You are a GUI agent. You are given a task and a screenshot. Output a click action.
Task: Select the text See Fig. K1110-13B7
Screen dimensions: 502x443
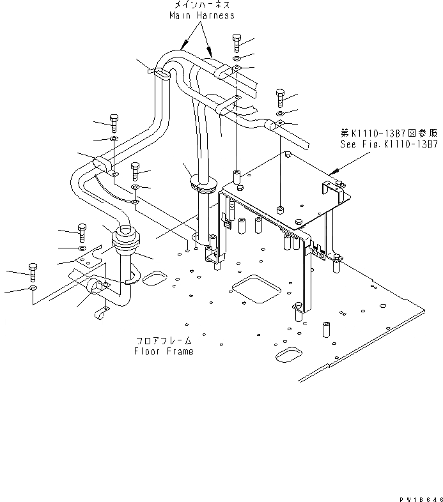coord(389,145)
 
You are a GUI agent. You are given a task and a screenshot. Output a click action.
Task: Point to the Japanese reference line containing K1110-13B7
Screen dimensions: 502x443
coord(389,133)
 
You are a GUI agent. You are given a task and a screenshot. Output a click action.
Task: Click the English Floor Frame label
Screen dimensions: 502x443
coord(163,351)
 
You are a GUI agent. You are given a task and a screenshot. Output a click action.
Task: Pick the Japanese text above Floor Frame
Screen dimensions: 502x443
coord(163,341)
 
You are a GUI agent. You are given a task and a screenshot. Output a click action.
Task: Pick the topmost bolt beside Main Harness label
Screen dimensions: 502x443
coord(237,43)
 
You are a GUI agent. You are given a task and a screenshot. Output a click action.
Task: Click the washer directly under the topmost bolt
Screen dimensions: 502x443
coord(237,59)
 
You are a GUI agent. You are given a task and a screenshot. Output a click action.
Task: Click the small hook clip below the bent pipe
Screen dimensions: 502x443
coord(100,312)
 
